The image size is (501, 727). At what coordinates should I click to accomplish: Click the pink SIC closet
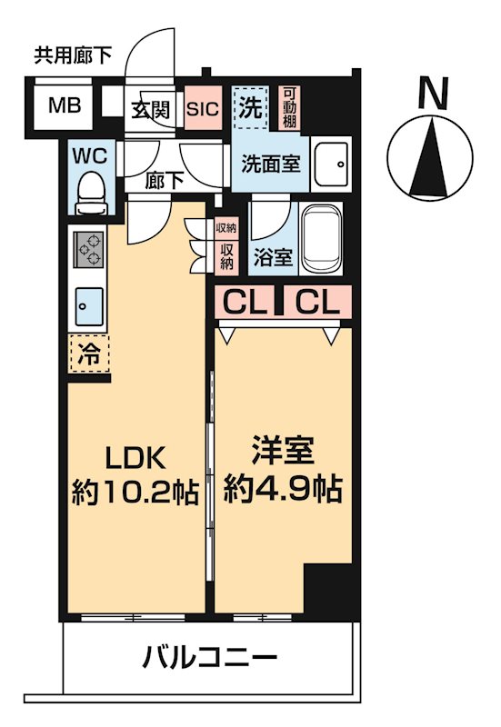(202, 108)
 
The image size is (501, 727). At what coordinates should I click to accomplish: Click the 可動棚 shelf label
(289, 106)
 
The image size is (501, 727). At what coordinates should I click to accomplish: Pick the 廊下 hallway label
(165, 180)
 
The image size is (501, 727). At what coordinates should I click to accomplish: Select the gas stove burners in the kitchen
(88, 249)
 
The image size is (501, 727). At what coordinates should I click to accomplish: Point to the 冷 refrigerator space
(88, 353)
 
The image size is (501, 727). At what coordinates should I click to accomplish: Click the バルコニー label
(209, 656)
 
